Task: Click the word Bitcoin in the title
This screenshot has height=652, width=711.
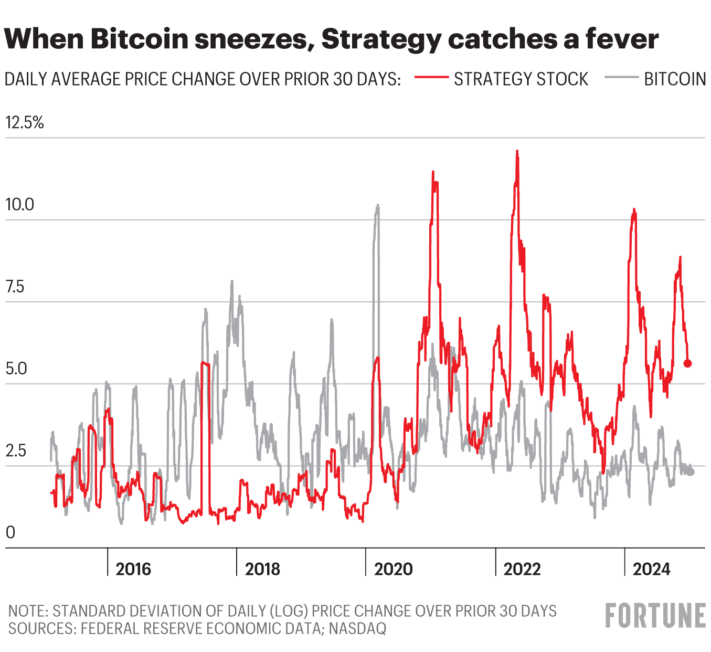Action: coord(141,39)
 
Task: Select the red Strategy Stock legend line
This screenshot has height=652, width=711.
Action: coord(431,78)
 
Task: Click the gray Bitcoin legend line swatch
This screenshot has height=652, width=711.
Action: coord(621,78)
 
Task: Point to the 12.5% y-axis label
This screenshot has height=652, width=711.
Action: coord(25,123)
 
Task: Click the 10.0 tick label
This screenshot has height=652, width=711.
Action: coord(19,205)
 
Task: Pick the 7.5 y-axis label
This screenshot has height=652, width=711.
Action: coord(15,287)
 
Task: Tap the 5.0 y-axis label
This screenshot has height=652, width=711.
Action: coord(16,369)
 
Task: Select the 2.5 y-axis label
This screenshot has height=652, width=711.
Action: coord(16,451)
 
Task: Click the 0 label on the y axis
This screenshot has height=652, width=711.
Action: coord(10,532)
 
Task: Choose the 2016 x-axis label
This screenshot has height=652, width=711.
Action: coord(133,569)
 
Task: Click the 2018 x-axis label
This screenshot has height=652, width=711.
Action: coord(262,569)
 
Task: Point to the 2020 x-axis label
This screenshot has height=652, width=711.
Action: coord(393,569)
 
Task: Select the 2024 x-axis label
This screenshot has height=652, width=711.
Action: coord(651,569)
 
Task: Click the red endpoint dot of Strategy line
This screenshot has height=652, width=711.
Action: coord(687,363)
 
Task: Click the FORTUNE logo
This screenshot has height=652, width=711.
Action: coord(655,615)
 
